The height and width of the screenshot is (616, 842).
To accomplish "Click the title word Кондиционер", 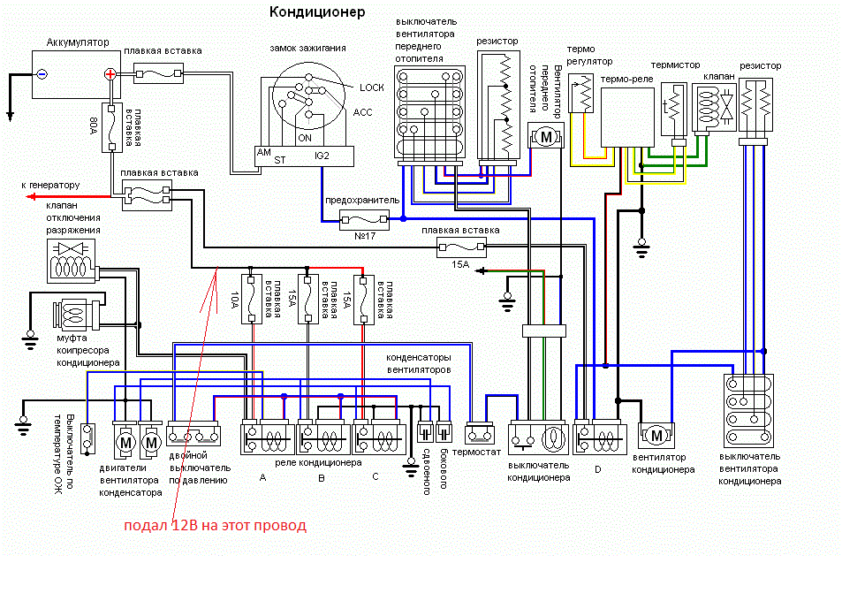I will click(316, 13).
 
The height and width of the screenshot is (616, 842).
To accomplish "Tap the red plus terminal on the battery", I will click(110, 74).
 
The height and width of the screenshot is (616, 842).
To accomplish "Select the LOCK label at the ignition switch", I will click(372, 87).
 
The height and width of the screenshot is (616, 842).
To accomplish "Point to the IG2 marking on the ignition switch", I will click(322, 156).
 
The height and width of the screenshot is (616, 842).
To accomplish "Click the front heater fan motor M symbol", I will click(545, 137).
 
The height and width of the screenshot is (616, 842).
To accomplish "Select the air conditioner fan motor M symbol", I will click(656, 435).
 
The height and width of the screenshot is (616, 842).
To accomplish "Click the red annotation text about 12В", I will click(215, 526).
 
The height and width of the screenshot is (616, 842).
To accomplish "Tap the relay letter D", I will click(597, 469).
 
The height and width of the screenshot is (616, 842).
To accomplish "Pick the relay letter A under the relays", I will click(262, 477).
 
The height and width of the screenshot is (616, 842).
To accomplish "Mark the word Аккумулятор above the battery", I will click(76, 42).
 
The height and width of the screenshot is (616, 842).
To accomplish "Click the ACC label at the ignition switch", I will click(363, 112).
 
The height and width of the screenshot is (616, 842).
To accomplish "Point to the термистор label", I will click(675, 65).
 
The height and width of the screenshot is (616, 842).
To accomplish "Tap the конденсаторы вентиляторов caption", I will click(418, 362).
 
